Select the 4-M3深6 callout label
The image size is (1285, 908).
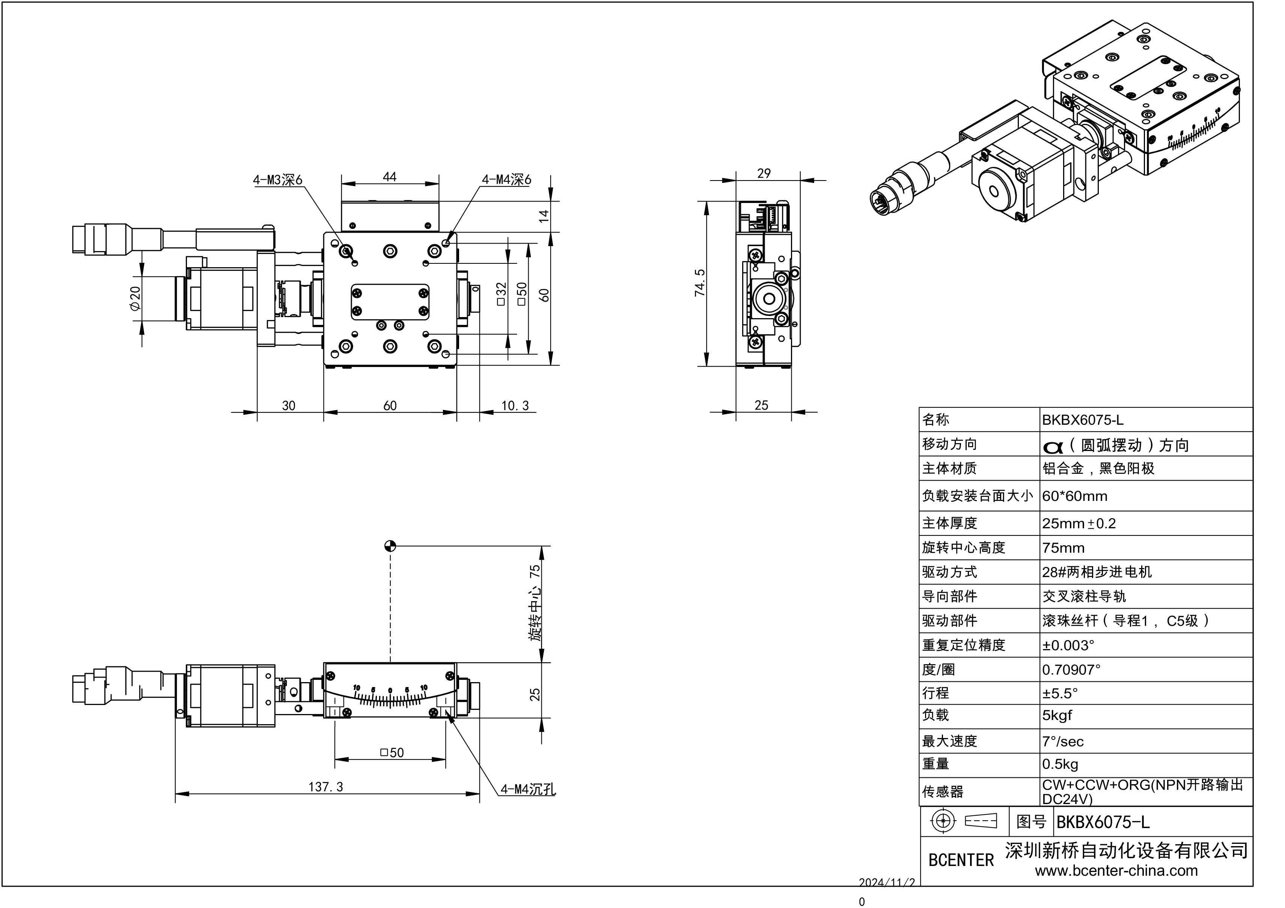(x=277, y=180)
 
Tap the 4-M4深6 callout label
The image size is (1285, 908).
(x=506, y=180)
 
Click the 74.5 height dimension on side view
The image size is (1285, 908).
(x=700, y=283)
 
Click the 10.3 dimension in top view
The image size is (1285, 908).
(x=514, y=405)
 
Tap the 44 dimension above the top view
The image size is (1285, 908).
(x=390, y=177)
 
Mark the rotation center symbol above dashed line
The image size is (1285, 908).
(x=390, y=546)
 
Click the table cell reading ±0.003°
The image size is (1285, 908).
(x=1068, y=645)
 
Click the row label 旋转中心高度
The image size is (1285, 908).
(x=963, y=548)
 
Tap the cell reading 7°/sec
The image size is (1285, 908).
(x=1062, y=741)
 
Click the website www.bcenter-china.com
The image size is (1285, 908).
(x=1116, y=870)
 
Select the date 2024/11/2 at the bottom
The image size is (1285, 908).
(x=887, y=882)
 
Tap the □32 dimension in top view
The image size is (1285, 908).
(x=501, y=294)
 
